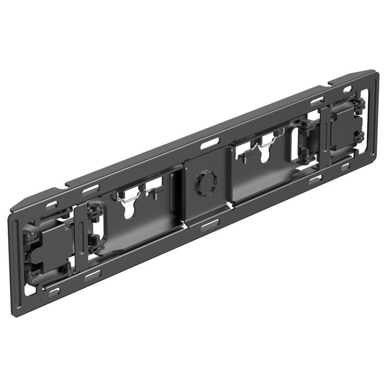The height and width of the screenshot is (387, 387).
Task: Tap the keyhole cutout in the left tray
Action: coord(128,211)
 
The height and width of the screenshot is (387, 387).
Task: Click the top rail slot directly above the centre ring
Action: coord(210,145)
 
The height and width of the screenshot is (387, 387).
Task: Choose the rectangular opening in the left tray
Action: coord(155,185)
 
